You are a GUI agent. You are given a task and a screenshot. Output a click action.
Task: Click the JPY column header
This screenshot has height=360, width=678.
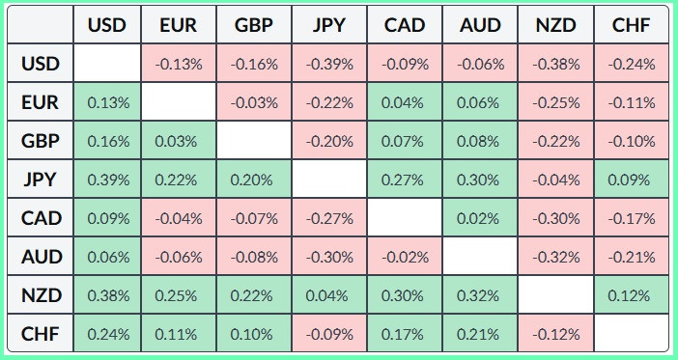tap(329, 25)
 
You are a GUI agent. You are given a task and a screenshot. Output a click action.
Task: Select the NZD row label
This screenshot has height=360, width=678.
tap(41, 295)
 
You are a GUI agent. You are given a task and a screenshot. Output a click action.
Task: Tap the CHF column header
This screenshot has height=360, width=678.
tap(632, 25)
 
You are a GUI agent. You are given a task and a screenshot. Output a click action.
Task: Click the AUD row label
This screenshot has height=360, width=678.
tap(41, 257)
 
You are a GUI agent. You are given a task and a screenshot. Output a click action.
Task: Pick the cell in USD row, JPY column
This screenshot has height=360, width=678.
tap(329, 63)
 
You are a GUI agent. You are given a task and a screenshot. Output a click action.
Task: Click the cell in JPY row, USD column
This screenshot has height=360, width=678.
tap(107, 180)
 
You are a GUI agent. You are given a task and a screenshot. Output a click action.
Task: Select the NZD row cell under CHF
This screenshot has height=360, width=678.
tap(632, 295)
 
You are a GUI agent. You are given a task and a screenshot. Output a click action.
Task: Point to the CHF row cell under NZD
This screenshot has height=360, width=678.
tap(556, 334)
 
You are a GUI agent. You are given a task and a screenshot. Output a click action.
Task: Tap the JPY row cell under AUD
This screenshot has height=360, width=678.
tap(480, 180)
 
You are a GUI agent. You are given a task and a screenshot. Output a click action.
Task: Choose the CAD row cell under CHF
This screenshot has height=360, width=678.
tap(632, 218)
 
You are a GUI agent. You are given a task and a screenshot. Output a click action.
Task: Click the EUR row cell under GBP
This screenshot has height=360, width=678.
tap(254, 102)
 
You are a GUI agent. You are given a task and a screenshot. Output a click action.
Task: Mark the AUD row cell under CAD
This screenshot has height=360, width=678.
tap(405, 257)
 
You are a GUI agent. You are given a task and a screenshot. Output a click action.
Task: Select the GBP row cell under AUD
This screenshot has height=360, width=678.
tap(480, 141)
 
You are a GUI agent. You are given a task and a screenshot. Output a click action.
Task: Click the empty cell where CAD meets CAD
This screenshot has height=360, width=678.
tap(405, 218)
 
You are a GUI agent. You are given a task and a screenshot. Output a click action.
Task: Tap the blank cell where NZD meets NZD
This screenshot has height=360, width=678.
tap(556, 295)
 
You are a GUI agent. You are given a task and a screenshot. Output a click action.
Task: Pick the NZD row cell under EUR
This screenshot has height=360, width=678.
tap(179, 295)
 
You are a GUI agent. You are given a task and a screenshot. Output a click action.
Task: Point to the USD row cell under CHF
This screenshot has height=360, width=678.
tap(632, 63)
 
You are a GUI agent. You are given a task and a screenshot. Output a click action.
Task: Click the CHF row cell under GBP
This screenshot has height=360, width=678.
tap(254, 334)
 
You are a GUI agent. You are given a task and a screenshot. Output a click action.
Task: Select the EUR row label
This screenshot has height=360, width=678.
tap(41, 102)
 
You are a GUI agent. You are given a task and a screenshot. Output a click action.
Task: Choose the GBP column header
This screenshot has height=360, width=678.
tap(254, 25)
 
